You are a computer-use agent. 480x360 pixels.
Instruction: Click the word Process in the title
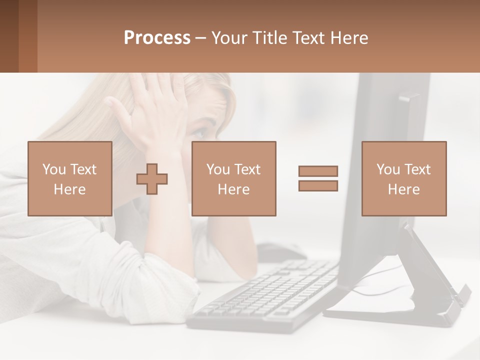(157, 38)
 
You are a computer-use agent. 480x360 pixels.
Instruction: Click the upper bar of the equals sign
(318, 171)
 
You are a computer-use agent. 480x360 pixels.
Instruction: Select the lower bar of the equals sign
(318, 186)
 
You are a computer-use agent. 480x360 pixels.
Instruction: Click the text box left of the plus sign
(69, 178)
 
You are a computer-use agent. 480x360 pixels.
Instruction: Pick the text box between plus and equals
(233, 178)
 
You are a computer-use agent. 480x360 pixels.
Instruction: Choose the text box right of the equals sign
(403, 178)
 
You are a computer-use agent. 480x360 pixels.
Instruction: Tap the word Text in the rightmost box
(418, 169)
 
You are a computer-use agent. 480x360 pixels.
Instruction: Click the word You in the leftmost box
(54, 169)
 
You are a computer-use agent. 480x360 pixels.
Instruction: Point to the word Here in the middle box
(233, 189)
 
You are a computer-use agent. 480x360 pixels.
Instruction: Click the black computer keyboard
(265, 295)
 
